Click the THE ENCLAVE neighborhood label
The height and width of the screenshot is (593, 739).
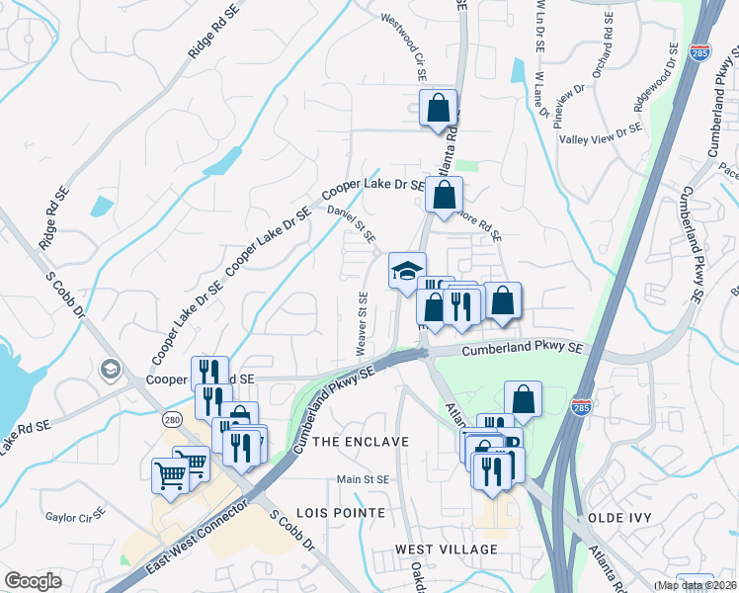360,442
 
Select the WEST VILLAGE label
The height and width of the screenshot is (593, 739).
447,549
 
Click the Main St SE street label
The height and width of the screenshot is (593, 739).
365,479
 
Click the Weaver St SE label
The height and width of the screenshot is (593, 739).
363,324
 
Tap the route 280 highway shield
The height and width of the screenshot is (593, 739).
173,419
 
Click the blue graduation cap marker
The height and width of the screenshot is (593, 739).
406,272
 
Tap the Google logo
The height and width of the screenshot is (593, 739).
33,581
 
